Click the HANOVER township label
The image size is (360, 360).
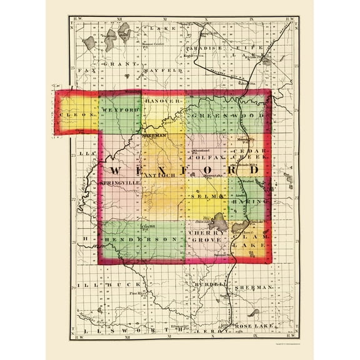pos(162,100)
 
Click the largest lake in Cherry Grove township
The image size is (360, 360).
pos(219,221)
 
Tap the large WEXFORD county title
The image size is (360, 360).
pos(184,170)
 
